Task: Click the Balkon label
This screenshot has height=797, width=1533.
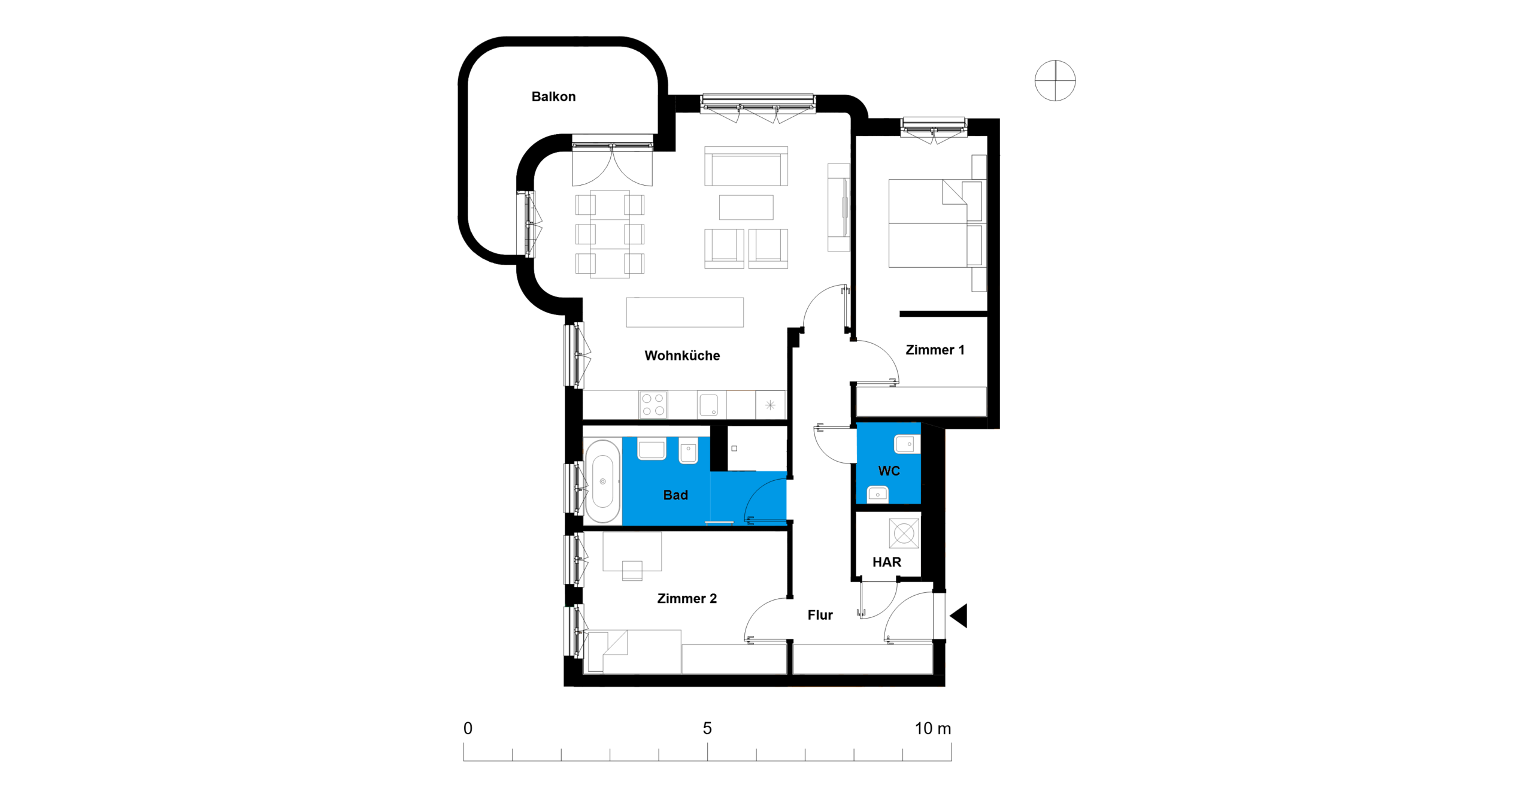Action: (x=553, y=96)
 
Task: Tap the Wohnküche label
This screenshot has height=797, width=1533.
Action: (x=682, y=356)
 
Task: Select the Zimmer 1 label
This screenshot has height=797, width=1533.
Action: (x=935, y=350)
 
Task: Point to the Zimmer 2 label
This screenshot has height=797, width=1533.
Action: (x=687, y=598)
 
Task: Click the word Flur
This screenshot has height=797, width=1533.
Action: (x=820, y=615)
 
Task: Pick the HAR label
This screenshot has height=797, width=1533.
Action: (x=886, y=562)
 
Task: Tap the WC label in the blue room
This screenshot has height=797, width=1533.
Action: (x=889, y=471)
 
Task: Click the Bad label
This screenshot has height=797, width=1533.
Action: (x=675, y=495)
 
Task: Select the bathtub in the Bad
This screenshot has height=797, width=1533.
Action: (x=602, y=481)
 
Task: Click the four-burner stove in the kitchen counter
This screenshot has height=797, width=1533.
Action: (x=653, y=405)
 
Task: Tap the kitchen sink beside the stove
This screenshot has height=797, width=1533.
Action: (x=708, y=404)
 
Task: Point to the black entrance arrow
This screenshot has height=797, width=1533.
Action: (x=958, y=616)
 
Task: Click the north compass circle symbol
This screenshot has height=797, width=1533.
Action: (x=1055, y=81)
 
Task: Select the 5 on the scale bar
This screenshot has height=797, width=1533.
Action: (x=707, y=728)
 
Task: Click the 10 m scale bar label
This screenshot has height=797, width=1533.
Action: (x=932, y=728)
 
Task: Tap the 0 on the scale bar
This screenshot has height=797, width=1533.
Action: (x=468, y=728)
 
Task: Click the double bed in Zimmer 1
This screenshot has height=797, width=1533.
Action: (x=935, y=223)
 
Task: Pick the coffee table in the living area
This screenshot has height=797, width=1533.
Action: (x=746, y=207)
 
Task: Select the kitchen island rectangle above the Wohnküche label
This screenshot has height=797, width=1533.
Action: (x=684, y=312)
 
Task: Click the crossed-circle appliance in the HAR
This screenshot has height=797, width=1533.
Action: (x=904, y=533)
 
